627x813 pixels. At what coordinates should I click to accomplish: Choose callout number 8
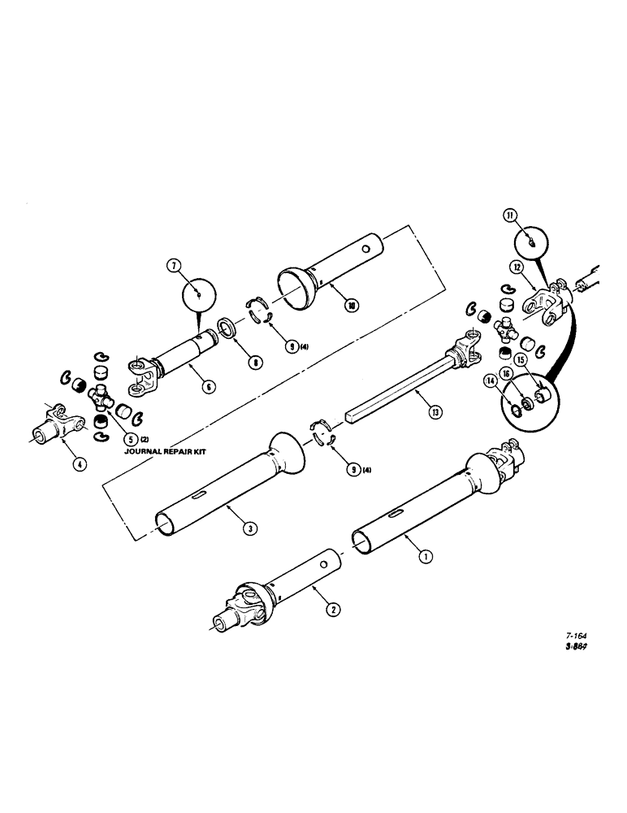(255, 363)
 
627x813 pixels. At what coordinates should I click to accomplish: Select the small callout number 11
(508, 215)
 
